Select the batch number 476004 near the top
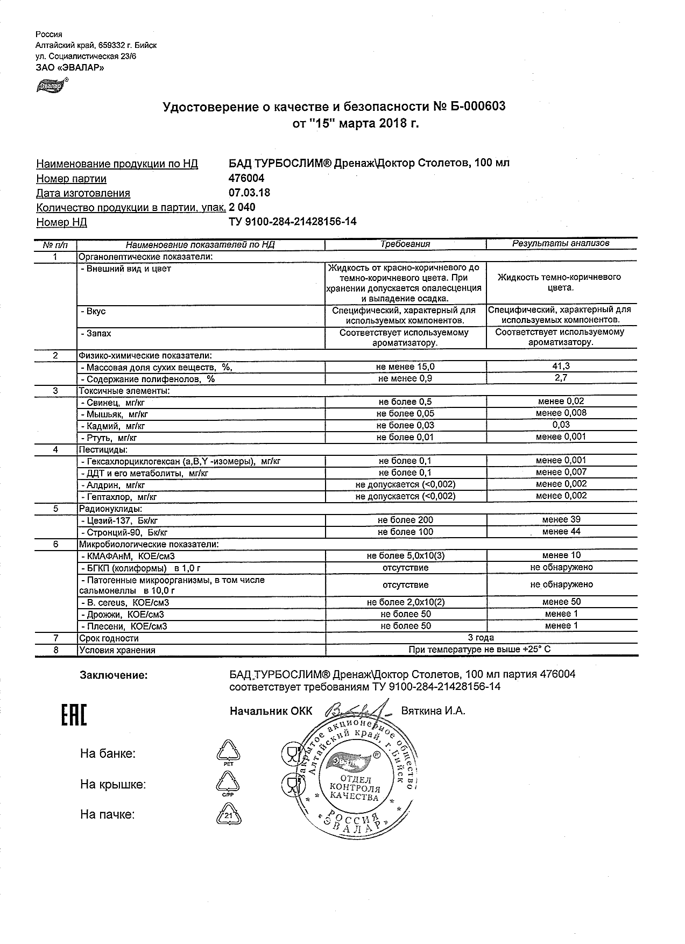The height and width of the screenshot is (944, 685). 246,178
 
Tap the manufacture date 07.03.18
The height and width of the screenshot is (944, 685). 250,193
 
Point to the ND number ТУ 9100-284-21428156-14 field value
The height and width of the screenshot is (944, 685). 293,222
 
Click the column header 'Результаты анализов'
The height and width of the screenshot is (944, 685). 561,243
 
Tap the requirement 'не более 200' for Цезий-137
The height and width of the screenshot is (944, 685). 405,520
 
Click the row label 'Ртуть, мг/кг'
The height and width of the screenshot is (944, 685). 109,438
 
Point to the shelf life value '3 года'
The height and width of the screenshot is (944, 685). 481,638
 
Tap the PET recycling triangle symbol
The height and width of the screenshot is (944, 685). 228,752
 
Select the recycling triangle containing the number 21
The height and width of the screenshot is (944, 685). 228,814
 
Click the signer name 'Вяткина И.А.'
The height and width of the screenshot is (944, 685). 433,710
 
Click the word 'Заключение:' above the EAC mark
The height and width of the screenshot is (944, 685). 114,675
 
